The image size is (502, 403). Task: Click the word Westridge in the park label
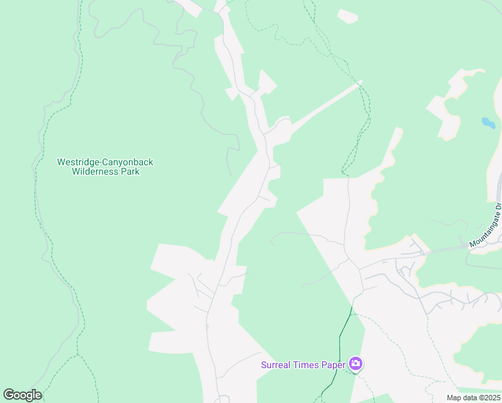click(x=76, y=162)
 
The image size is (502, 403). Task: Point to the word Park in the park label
click(x=130, y=171)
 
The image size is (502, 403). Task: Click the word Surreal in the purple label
click(x=277, y=365)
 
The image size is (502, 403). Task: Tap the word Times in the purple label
click(x=306, y=365)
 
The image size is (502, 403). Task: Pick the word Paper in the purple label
click(x=333, y=365)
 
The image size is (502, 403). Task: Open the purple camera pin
click(x=356, y=365)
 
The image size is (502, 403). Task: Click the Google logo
click(x=22, y=395)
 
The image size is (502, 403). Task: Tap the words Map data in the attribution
click(x=461, y=398)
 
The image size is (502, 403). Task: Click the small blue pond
click(x=488, y=123)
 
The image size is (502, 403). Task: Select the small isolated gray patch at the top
click(x=348, y=16)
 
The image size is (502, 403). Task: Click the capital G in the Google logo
click(x=9, y=395)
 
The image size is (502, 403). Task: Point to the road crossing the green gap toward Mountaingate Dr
click(x=446, y=249)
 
